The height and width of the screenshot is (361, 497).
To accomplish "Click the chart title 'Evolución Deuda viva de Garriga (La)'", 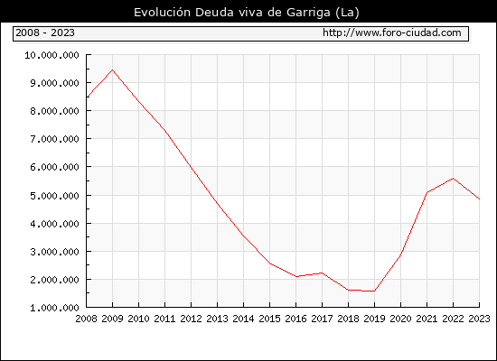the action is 247,13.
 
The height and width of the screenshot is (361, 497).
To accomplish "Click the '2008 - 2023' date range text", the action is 45,32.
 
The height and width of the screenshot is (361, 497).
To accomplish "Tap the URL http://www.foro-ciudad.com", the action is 392,32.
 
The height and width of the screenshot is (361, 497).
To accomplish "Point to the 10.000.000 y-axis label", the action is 52,55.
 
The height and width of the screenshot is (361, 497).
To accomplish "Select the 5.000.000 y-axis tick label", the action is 54,196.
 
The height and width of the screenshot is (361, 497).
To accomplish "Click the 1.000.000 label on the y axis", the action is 54,308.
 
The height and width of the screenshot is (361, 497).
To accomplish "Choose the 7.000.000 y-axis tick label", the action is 54,139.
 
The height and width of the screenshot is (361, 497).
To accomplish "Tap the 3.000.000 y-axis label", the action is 54,252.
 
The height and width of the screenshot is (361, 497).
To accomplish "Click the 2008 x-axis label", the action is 86,319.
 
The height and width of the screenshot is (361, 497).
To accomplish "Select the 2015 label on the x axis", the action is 270,319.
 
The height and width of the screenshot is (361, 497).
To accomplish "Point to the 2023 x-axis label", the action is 479,319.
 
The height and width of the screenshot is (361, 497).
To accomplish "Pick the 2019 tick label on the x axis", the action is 374,319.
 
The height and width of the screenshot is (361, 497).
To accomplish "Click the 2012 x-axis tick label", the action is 192,319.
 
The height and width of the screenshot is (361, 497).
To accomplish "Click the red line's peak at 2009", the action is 113,70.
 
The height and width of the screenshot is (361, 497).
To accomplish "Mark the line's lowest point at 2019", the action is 374,291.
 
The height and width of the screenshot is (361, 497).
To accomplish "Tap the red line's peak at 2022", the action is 454,179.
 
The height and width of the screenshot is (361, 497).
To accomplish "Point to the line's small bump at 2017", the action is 322,273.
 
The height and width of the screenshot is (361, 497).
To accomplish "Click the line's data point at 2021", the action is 427,192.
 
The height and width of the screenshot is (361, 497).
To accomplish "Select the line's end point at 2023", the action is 479,199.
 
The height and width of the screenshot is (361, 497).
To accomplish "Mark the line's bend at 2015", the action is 270,264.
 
